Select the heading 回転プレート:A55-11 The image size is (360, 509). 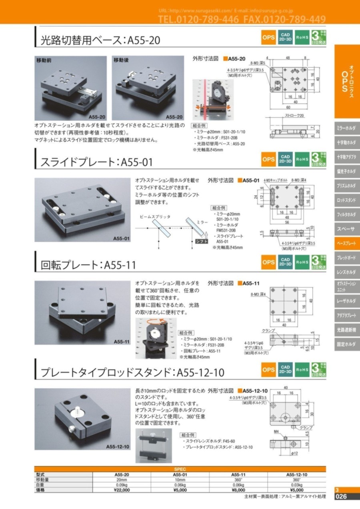[88, 265]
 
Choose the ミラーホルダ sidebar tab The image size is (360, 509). [347, 128]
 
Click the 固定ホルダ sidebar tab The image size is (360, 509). [347, 344]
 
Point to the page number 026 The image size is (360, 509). [344, 497]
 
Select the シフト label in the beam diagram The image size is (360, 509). [201, 241]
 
